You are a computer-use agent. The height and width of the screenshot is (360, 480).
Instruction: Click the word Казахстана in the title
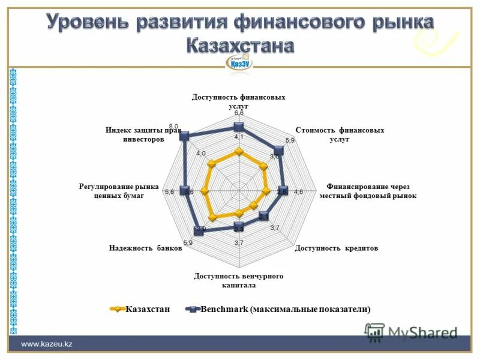239,45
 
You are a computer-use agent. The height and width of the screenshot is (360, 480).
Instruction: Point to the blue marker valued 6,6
239,126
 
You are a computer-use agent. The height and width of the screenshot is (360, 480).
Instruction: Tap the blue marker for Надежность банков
199,229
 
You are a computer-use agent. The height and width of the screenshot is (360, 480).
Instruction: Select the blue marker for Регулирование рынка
185,191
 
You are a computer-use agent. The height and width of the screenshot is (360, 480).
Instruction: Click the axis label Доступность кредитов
337,248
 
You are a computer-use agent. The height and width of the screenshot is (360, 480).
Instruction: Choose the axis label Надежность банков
145,248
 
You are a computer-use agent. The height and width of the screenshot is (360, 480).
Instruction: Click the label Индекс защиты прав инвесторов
143,134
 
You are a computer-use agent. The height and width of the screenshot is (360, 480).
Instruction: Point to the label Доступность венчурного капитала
238,281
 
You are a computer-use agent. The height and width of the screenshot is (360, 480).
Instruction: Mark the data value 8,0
173,125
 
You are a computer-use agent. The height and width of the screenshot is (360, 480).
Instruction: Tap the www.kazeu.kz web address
47,344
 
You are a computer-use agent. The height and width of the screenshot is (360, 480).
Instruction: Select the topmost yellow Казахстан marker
239,152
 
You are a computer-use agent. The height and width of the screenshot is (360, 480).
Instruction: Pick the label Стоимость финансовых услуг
340,134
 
